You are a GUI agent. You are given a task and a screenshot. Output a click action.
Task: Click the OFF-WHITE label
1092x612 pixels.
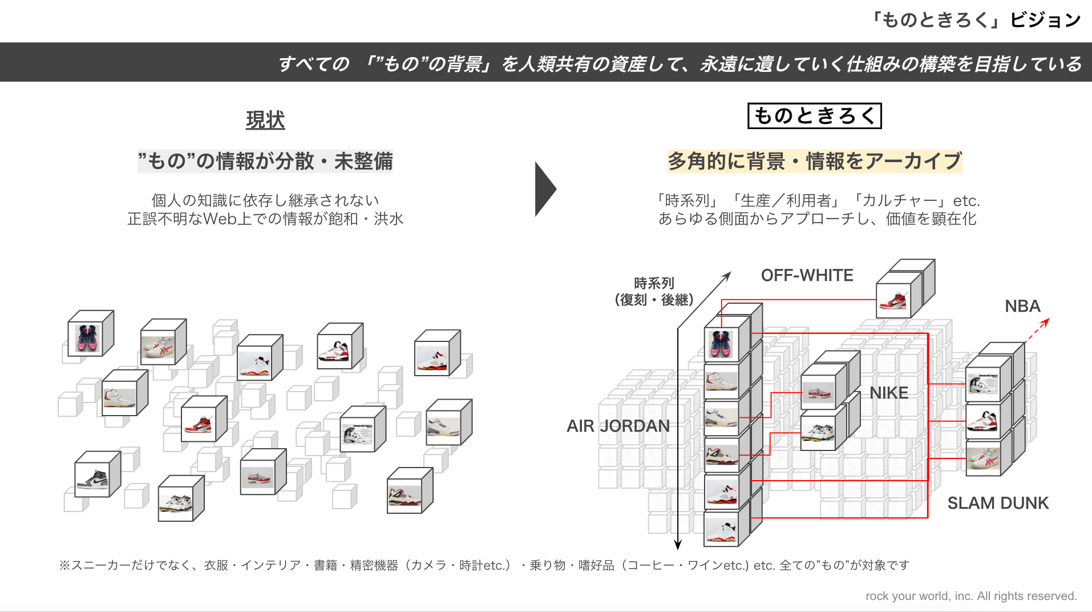click(x=807, y=275)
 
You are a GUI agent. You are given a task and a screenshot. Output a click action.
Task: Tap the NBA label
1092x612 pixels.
click(x=1022, y=306)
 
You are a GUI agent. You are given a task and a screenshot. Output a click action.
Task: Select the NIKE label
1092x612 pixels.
click(x=888, y=393)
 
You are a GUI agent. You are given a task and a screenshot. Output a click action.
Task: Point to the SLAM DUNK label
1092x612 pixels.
click(x=998, y=503)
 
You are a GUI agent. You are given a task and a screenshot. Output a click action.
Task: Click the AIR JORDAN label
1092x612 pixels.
click(x=618, y=426)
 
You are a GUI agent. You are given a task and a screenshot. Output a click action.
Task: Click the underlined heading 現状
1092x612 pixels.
click(x=265, y=120)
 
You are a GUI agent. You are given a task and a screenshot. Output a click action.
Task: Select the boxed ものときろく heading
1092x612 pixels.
click(x=814, y=116)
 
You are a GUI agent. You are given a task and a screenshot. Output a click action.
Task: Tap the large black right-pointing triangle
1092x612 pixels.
click(x=544, y=189)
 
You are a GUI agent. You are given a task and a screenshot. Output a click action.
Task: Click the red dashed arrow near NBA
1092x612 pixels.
click(x=1037, y=331)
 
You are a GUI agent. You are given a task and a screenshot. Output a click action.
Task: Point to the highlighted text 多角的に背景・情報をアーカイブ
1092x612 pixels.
click(x=814, y=161)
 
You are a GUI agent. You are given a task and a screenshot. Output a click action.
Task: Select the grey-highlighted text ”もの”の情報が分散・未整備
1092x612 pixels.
click(x=265, y=161)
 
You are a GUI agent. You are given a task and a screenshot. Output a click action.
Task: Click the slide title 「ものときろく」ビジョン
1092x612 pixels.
click(x=975, y=20)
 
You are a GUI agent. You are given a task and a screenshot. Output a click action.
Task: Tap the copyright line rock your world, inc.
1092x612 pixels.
click(x=970, y=596)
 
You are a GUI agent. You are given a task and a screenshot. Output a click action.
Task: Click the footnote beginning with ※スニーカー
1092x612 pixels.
click(x=484, y=565)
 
